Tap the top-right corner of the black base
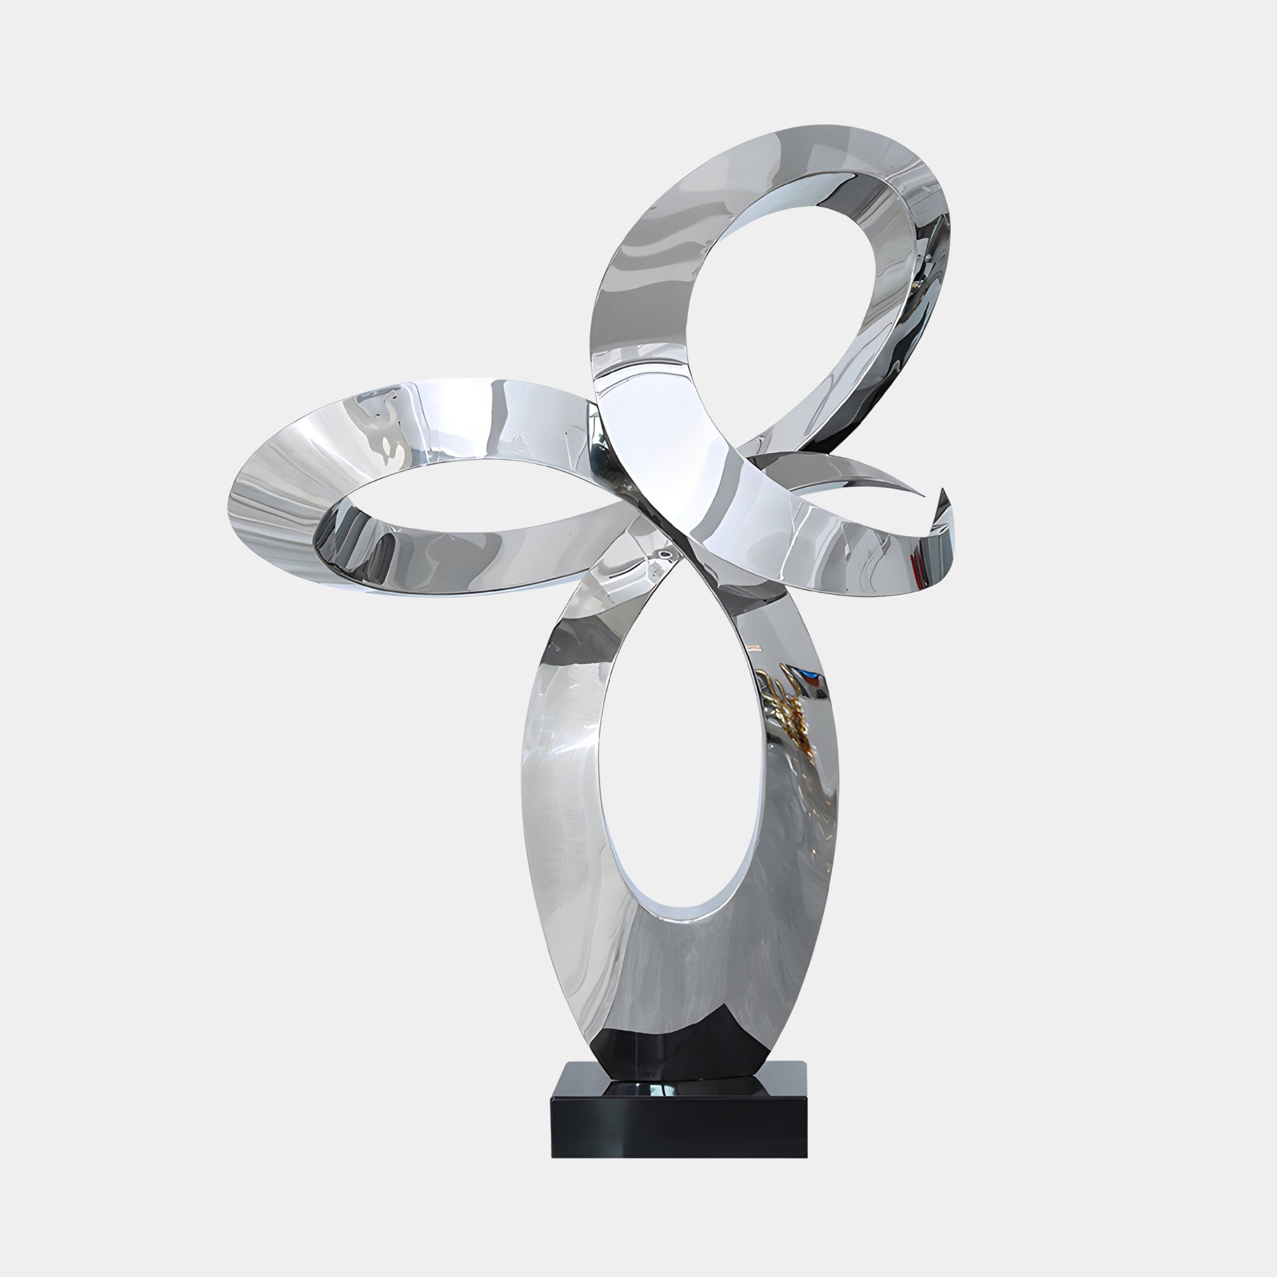point(806,1063)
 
